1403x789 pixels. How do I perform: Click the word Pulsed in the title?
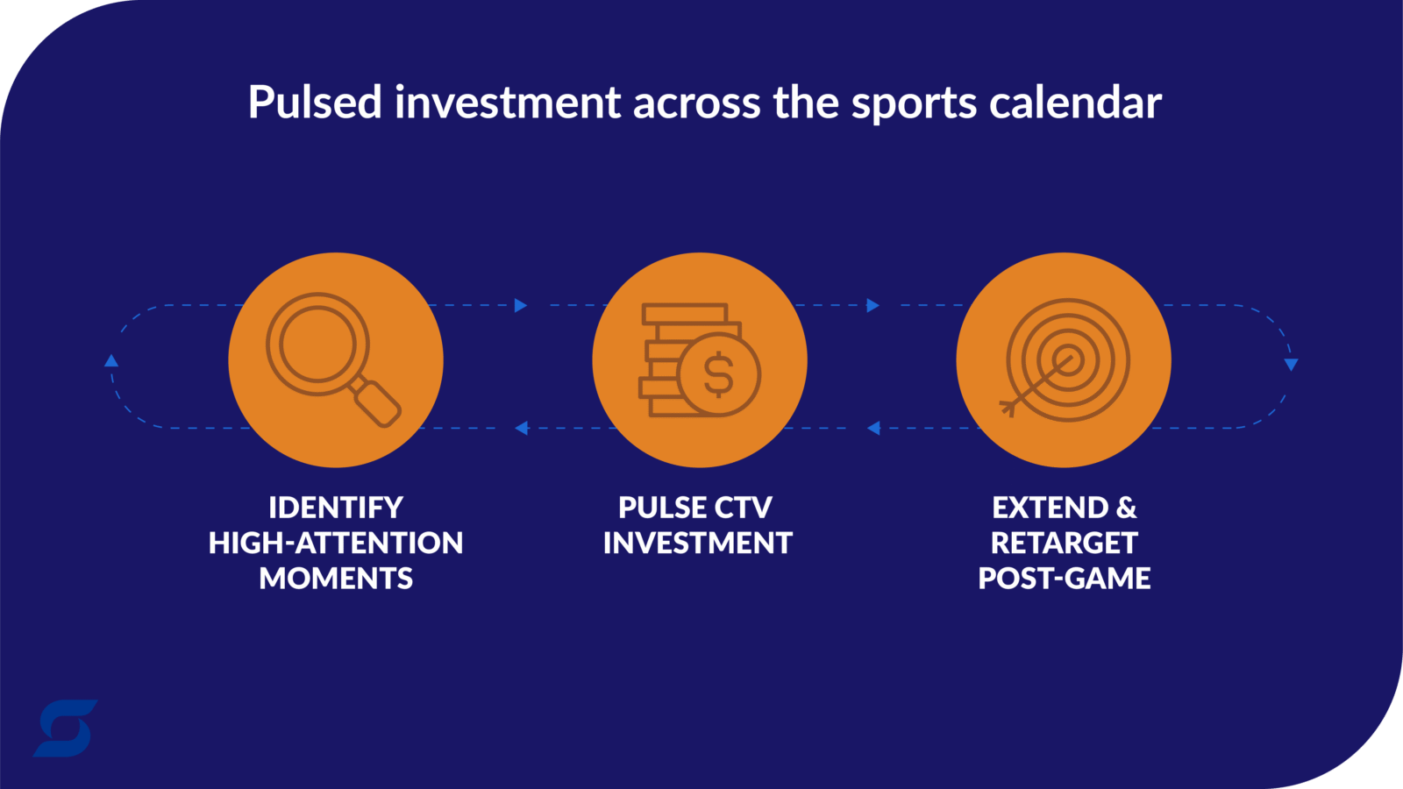[x=315, y=102]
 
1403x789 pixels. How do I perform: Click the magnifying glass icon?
[x=333, y=360]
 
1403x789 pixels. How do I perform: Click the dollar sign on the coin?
[x=718, y=374]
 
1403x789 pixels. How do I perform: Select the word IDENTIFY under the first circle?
[x=336, y=508]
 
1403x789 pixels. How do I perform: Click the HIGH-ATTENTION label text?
[x=336, y=543]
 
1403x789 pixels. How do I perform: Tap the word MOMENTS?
[x=336, y=578]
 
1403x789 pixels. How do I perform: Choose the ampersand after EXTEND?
[x=1126, y=508]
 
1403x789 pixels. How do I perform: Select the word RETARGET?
[x=1065, y=543]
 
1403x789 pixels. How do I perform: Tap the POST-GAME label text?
[x=1065, y=578]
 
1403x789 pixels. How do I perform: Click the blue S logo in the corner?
[x=65, y=729]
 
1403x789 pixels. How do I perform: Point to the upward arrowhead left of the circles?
[x=111, y=360]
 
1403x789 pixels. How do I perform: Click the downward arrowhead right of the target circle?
[x=1291, y=365]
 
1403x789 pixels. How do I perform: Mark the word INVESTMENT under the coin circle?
[x=698, y=543]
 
